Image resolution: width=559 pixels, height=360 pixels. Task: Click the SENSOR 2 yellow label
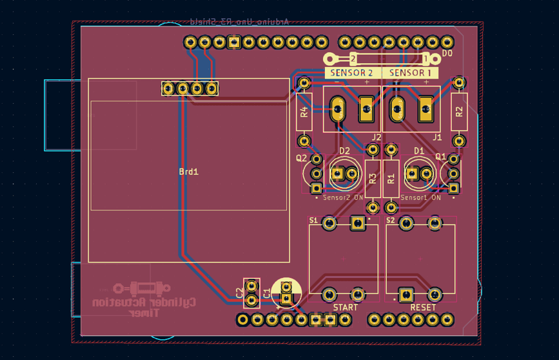(x=352, y=73)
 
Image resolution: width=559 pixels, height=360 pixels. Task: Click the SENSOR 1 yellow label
(x=411, y=73)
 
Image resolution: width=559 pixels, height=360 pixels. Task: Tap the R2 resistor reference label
(x=459, y=111)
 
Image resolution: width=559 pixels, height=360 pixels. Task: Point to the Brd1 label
(x=188, y=172)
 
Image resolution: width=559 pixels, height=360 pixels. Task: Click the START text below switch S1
(x=345, y=307)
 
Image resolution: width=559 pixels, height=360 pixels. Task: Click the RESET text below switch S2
(x=423, y=307)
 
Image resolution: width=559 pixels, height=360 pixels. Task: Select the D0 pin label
(x=447, y=54)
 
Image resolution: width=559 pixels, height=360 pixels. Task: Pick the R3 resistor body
(x=372, y=178)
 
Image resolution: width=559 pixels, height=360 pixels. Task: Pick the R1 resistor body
(x=391, y=178)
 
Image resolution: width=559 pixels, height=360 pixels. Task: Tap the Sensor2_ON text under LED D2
(x=343, y=197)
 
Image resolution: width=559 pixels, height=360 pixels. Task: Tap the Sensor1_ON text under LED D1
(x=420, y=197)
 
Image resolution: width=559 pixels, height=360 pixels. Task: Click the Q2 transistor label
(x=302, y=158)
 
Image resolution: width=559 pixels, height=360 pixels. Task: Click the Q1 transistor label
(x=441, y=157)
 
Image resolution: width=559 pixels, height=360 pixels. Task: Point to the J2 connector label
(x=377, y=137)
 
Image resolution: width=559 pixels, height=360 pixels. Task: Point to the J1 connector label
(x=437, y=137)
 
